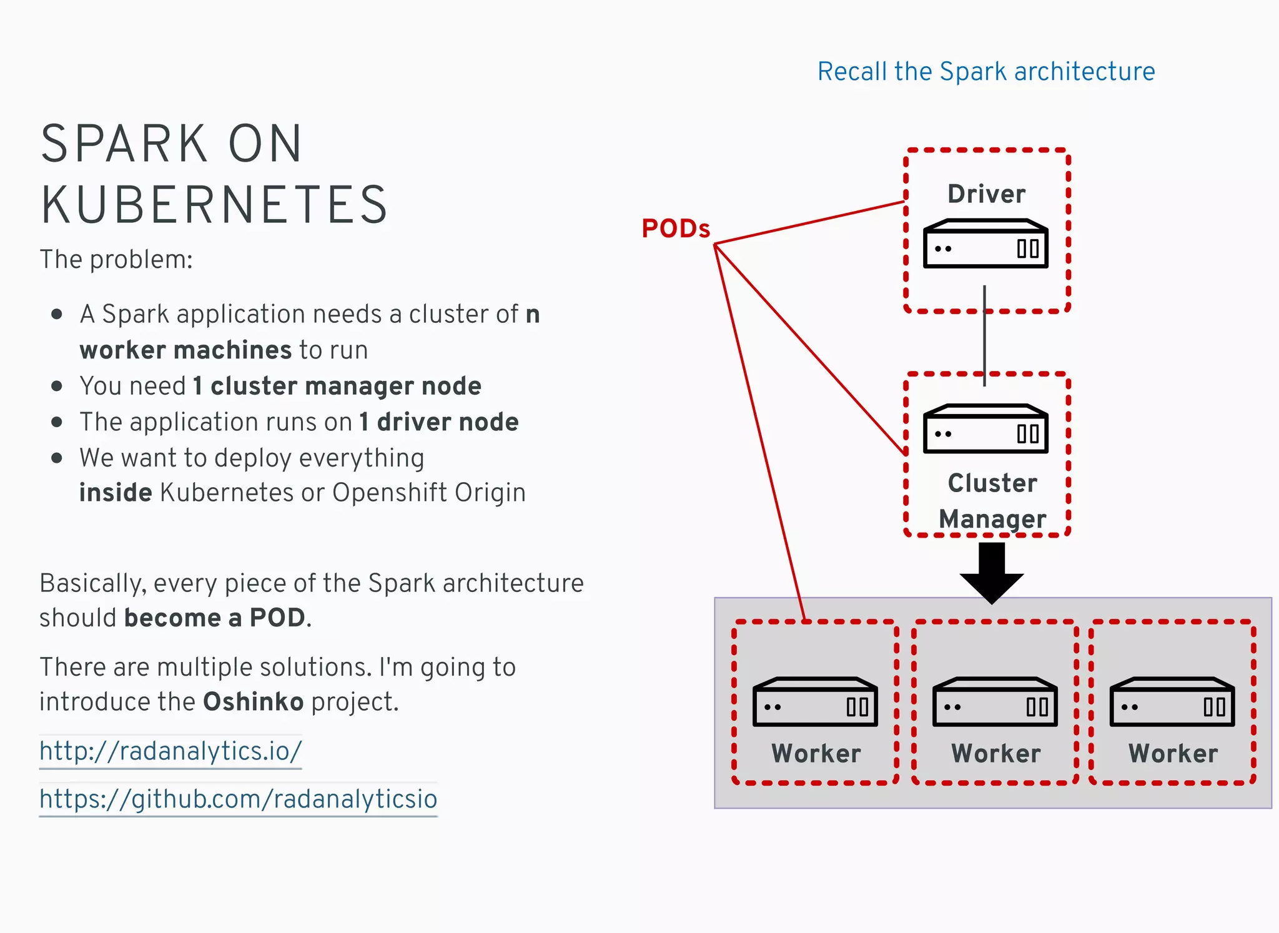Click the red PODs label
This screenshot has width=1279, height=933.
click(676, 229)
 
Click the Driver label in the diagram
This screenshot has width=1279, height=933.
click(986, 194)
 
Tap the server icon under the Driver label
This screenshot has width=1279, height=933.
click(985, 244)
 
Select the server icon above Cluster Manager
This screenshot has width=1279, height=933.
click(985, 430)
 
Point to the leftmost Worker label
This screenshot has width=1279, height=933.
click(816, 753)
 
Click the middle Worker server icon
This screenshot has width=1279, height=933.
click(995, 703)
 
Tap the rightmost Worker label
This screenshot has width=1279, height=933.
click(1172, 753)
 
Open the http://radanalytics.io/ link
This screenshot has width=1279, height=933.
click(170, 751)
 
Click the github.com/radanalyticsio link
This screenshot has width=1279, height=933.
click(238, 799)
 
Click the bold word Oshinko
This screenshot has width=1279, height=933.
click(253, 702)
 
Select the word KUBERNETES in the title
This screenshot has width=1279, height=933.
click(215, 205)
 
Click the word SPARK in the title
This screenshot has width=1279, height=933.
click(124, 144)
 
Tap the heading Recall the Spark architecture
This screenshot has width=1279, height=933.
click(985, 72)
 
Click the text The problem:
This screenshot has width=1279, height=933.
click(116, 260)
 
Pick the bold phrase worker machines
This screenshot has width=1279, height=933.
click(185, 350)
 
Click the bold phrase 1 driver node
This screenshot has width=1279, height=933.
click(438, 422)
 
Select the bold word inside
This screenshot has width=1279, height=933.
click(116, 493)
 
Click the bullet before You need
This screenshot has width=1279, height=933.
click(57, 387)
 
